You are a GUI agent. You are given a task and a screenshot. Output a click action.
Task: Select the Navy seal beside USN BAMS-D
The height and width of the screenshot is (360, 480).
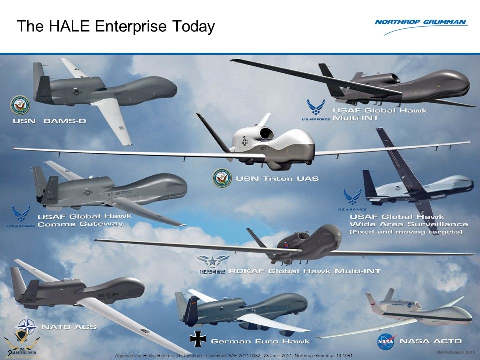pos(20,105)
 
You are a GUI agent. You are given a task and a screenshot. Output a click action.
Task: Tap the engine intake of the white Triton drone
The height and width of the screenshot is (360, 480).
pos(267,133)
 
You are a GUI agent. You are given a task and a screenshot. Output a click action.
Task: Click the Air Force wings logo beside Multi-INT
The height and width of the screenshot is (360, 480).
pos(315,108)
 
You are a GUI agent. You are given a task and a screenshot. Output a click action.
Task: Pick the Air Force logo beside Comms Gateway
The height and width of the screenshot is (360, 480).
pos(21,216)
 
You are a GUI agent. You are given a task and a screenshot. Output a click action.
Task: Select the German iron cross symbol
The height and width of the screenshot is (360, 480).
pos(197,339)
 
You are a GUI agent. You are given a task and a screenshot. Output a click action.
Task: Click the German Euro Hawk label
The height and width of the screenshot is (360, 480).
pos(260,342)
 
